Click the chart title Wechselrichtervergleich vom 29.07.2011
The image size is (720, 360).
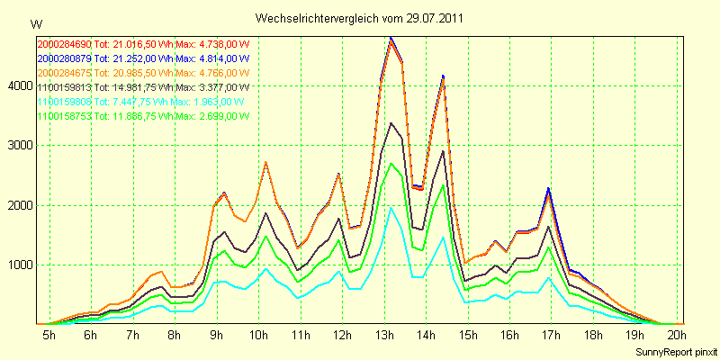click(360, 18)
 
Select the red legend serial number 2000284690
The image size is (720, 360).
click(64, 43)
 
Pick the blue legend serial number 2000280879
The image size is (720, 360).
click(64, 58)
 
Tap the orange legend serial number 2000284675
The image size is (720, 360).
click(64, 72)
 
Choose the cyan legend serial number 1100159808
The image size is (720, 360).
click(64, 102)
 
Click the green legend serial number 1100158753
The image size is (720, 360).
click(64, 116)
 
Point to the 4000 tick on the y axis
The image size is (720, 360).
click(18, 85)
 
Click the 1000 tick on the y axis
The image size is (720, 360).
click(18, 265)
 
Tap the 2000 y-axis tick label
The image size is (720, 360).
click(18, 205)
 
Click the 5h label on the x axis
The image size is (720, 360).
click(49, 335)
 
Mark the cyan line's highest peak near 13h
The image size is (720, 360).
click(391, 208)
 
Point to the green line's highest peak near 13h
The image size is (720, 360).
click(391, 164)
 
